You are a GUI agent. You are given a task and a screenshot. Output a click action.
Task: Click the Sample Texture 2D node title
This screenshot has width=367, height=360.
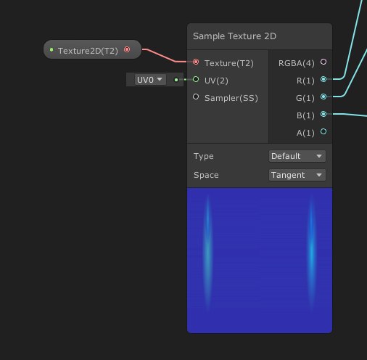click(x=234, y=36)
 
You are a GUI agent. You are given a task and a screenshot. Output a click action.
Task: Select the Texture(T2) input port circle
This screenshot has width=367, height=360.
click(x=196, y=62)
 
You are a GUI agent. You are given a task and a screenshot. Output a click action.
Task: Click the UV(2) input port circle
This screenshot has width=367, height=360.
click(x=196, y=79)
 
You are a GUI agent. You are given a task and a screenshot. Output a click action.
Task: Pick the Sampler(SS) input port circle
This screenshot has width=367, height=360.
click(x=196, y=97)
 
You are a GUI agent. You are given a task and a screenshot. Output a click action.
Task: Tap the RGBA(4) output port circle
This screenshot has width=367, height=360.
click(x=323, y=62)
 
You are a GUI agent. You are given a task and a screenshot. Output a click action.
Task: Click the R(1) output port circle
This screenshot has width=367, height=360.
click(x=323, y=79)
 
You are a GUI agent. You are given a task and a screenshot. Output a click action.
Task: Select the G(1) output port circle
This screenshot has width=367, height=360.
click(x=323, y=97)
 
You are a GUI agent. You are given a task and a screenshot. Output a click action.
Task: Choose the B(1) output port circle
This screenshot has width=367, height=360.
click(x=323, y=114)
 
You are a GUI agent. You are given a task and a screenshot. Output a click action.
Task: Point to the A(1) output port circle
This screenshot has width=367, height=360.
click(x=323, y=131)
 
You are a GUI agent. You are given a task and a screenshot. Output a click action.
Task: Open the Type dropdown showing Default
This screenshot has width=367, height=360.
click(x=297, y=156)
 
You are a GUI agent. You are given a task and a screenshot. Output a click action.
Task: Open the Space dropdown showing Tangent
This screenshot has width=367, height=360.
click(x=297, y=175)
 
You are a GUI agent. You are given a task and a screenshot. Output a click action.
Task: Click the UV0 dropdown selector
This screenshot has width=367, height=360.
click(x=150, y=80)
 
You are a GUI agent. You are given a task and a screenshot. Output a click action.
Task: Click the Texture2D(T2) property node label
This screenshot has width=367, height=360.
click(x=88, y=51)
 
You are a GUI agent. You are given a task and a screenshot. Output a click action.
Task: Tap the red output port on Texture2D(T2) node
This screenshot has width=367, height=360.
click(x=127, y=49)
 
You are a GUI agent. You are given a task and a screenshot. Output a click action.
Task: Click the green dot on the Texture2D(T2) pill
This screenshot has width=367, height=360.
click(x=51, y=50)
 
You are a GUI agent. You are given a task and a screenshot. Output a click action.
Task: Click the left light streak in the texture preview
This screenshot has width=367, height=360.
click(x=207, y=253)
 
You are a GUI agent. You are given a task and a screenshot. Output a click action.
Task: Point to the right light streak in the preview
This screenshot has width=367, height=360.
click(x=312, y=253)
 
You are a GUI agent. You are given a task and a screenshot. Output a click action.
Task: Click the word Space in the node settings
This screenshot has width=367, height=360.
click(x=206, y=175)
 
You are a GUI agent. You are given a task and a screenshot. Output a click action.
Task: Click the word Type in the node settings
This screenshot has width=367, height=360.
click(x=204, y=156)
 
